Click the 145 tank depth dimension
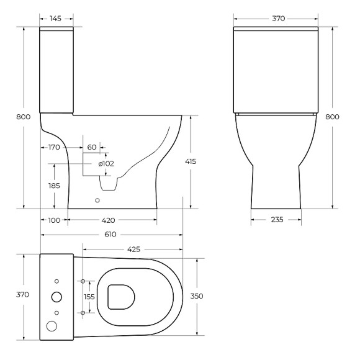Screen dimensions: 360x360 coord(56,19)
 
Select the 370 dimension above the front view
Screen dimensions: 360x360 coord(277,19)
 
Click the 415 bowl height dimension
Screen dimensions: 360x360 coord(191,161)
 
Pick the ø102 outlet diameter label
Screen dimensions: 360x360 coord(106,163)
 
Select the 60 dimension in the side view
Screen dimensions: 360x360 coord(92,147)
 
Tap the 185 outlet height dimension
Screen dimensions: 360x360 coord(55,185)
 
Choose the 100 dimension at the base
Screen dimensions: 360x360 coord(53,220)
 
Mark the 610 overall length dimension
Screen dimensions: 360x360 coord(112,235)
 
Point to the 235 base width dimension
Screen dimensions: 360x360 coord(276,220)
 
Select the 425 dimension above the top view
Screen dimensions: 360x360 coord(133,249)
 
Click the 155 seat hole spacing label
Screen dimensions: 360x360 coord(91,297)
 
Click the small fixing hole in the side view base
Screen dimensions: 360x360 coord(97,200)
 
